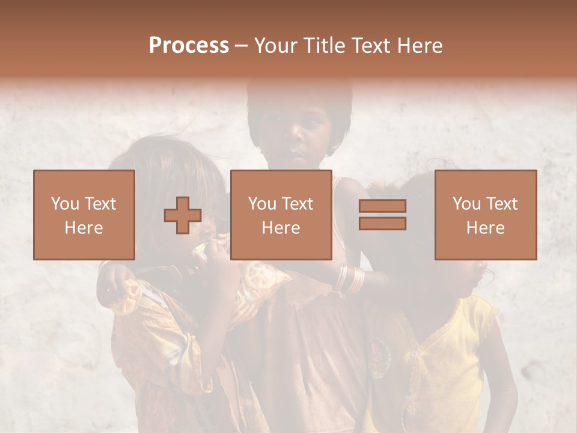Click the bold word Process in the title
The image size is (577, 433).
pyautogui.click(x=189, y=46)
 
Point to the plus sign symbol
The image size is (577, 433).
pyautogui.click(x=183, y=215)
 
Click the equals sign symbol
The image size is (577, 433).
pyautogui.click(x=382, y=215)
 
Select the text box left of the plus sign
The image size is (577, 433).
pyautogui.click(x=84, y=215)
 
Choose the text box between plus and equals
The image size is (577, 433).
pyautogui.click(x=281, y=215)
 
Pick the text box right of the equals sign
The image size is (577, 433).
pyautogui.click(x=486, y=215)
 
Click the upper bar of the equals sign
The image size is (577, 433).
pyautogui.click(x=382, y=206)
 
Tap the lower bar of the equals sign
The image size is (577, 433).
pyautogui.click(x=382, y=224)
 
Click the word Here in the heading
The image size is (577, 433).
pyautogui.click(x=421, y=46)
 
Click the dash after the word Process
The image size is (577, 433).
pyautogui.click(x=241, y=46)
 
